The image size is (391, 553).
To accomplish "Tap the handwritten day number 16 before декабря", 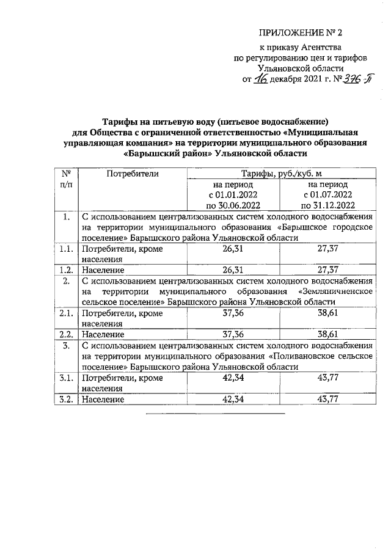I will [x=261, y=80].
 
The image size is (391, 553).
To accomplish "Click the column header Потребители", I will [x=133, y=174].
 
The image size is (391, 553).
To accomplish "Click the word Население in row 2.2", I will [x=103, y=334].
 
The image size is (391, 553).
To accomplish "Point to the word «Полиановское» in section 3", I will [x=307, y=356].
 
